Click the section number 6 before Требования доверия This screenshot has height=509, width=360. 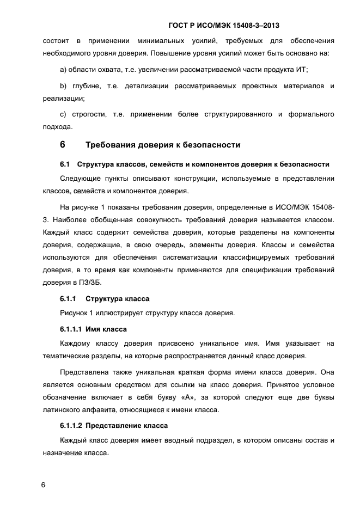coord(62,145)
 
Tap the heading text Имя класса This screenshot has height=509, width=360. coord(106,329)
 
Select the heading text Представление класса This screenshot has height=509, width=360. coord(126,425)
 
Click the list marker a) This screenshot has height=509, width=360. coord(63,71)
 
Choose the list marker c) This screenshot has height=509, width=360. coord(63,114)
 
